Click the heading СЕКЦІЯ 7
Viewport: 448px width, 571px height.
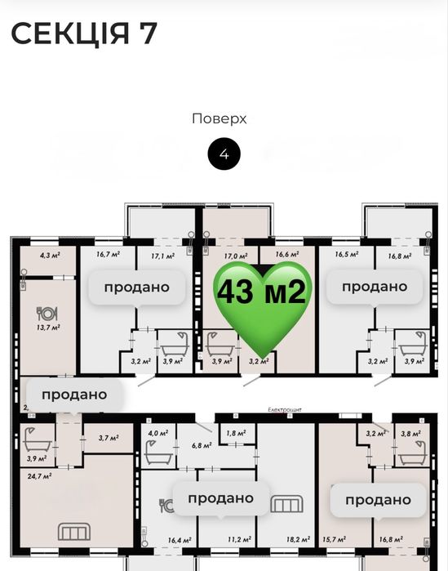[x=84, y=33]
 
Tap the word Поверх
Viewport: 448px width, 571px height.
[x=220, y=119]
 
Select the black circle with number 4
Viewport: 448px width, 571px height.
[x=224, y=154]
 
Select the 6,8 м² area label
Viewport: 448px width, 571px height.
[x=202, y=445]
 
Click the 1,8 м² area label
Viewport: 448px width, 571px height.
[x=236, y=433]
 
